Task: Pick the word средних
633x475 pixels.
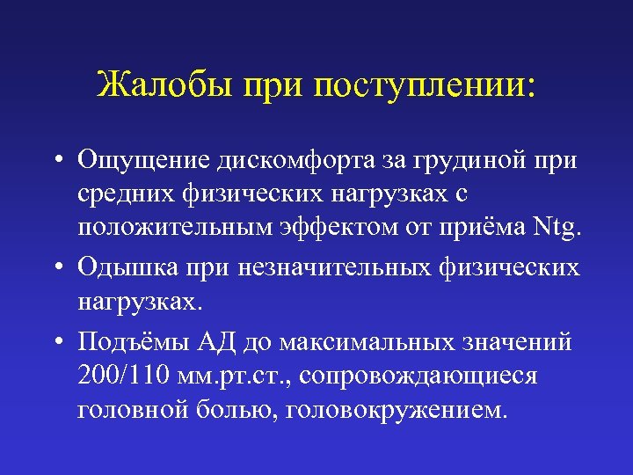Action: tap(127, 194)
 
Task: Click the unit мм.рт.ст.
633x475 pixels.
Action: tap(244, 376)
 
